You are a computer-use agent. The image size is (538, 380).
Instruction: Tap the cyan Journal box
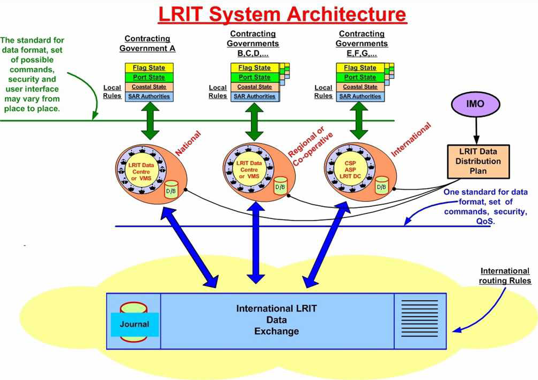click(135, 324)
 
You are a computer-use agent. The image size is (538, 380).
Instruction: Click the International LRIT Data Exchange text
click(276, 320)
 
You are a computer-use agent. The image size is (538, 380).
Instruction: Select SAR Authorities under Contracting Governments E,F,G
click(360, 96)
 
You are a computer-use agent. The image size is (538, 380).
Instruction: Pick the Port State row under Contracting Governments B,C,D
click(254, 77)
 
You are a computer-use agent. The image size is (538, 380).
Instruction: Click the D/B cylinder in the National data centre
click(171, 190)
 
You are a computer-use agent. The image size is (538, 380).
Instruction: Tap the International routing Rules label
click(505, 276)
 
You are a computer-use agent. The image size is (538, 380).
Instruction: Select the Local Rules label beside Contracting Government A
click(112, 91)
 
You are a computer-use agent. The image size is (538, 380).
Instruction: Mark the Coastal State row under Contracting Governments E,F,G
click(360, 87)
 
